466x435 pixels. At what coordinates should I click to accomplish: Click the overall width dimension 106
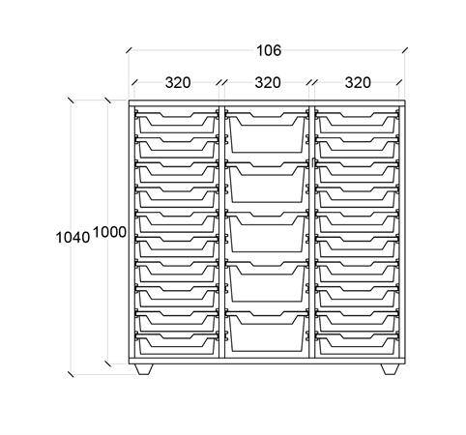point(269,50)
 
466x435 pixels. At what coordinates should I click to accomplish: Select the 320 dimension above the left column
point(178,83)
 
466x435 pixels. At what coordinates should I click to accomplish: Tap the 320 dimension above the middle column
point(268,83)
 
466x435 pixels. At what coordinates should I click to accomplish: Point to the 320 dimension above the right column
point(358,83)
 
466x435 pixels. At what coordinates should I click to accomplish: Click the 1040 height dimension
point(73,238)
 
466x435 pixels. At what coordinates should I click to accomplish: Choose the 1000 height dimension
point(109,232)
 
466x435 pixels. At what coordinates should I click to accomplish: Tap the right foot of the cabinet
point(390,369)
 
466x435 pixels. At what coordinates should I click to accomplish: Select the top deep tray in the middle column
point(267,132)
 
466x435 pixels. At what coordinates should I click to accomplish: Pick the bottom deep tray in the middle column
point(267,331)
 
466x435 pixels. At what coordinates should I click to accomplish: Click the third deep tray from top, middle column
point(267,232)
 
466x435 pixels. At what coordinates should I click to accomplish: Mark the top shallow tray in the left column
point(177,122)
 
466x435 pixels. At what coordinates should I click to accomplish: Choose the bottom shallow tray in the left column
point(177,343)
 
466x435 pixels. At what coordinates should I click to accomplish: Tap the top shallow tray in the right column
point(357,122)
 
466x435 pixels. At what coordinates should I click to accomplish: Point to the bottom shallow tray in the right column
point(357,343)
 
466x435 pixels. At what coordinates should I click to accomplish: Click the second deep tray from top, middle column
point(267,182)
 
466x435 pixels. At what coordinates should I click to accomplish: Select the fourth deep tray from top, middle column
point(267,281)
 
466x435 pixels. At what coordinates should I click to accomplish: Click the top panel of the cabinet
point(267,103)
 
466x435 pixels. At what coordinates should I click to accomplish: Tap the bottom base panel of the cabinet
point(267,361)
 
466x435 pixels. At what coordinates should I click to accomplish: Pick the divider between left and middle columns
point(221,232)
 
